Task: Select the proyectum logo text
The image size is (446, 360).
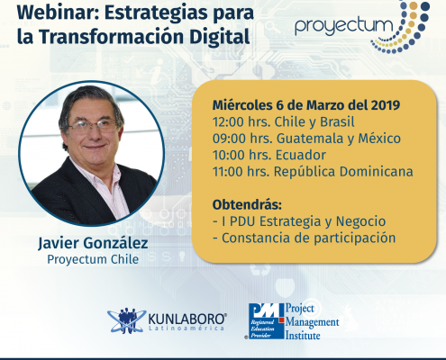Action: (x=344, y=26)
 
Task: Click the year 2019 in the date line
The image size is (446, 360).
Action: (x=386, y=105)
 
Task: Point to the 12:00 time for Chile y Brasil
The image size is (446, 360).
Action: (x=228, y=122)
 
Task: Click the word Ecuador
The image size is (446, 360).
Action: (x=301, y=155)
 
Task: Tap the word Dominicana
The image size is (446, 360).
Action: (x=377, y=172)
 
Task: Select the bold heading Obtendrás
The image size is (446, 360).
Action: (x=247, y=205)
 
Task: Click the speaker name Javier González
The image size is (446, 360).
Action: (x=93, y=243)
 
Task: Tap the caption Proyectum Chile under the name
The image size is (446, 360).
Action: (x=93, y=259)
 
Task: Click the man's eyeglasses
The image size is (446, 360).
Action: (x=92, y=126)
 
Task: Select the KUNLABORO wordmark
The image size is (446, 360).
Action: (x=187, y=319)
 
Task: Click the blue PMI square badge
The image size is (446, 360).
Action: (x=266, y=321)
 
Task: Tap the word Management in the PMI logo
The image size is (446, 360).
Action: (x=312, y=322)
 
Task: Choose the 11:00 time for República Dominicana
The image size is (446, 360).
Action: (x=228, y=172)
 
